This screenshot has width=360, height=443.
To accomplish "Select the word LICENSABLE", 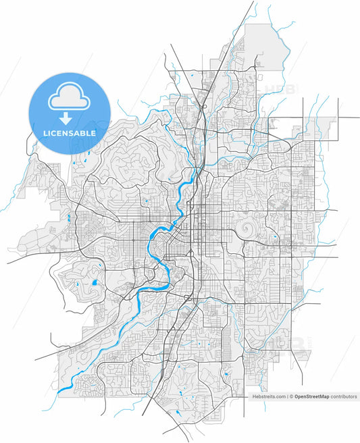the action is [69, 133].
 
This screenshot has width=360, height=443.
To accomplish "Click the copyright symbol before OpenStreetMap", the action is [291, 397].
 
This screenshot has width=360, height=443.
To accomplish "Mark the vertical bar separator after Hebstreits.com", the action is [286, 397].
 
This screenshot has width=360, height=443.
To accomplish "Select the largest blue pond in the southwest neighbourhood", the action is [95, 282].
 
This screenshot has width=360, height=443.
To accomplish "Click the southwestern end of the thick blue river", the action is [59, 391].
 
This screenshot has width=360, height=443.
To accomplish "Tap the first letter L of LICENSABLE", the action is [45, 133].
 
